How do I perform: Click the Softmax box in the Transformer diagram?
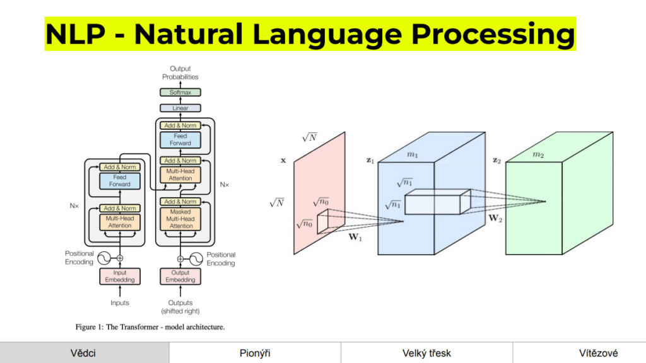tap(180, 93)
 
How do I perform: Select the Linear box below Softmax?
tap(180, 108)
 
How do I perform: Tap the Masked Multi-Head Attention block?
tap(180, 219)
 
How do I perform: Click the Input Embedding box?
tap(119, 277)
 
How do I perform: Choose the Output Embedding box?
tap(180, 277)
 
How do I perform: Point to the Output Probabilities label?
tap(180, 73)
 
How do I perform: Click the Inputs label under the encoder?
tap(119, 303)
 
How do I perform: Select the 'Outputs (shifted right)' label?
tap(180, 307)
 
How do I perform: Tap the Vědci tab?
tap(84, 353)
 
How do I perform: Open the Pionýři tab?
tap(255, 353)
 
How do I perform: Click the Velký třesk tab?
tap(426, 353)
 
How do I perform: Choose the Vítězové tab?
tap(598, 353)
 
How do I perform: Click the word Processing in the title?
tap(494, 34)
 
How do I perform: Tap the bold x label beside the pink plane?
tap(283, 161)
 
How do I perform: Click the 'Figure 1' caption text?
tap(150, 327)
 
